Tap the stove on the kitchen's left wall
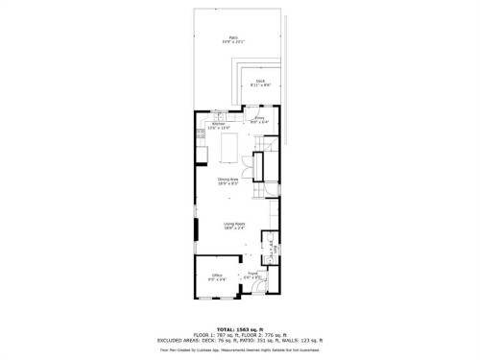[200, 133]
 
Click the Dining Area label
[227, 180]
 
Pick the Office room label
[217, 278]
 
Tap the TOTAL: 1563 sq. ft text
[240, 327]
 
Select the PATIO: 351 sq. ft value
[262, 340]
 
